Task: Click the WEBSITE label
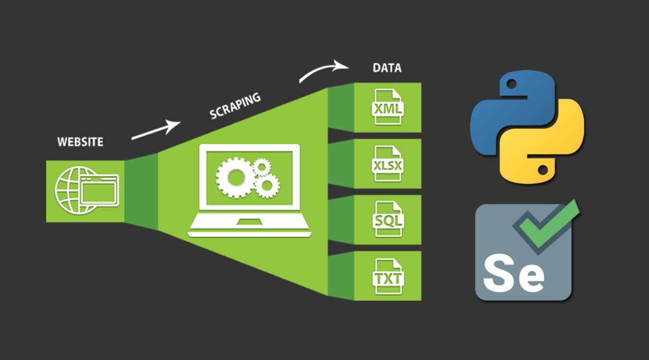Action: tap(80, 141)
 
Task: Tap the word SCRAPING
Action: tap(235, 105)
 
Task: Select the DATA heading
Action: tap(387, 68)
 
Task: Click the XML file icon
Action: tap(387, 107)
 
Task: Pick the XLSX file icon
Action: tap(387, 164)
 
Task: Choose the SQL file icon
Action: tap(387, 220)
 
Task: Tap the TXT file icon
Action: tap(387, 276)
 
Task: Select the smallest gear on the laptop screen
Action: tap(262, 166)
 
